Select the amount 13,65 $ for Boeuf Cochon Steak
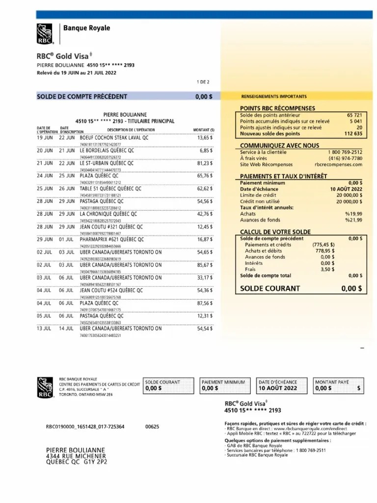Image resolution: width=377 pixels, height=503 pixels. (x=205, y=138)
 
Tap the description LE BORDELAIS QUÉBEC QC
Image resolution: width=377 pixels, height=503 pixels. (x=107, y=151)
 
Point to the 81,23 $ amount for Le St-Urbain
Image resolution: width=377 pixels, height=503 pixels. (x=205, y=163)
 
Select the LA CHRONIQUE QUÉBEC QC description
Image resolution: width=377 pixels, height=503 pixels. (x=109, y=214)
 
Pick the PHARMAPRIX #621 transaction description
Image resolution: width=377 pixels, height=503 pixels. (x=112, y=240)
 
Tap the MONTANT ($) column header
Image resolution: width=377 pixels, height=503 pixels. (x=203, y=130)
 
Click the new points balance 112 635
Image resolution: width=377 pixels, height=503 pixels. (x=352, y=134)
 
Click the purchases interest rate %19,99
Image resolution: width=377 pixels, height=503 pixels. (x=353, y=214)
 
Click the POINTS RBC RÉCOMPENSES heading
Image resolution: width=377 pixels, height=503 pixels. (x=277, y=108)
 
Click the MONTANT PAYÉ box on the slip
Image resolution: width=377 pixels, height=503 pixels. (x=339, y=385)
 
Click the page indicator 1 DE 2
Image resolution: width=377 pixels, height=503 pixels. (x=202, y=82)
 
